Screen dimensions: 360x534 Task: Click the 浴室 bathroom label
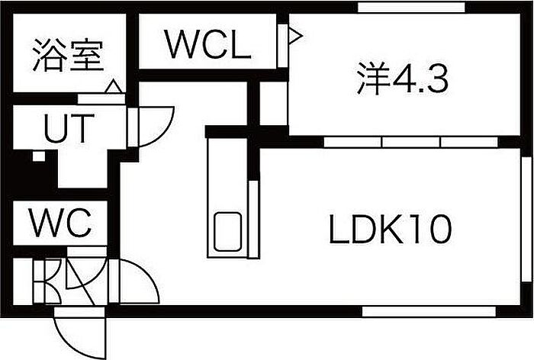coord(68,57)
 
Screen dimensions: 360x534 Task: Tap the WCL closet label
coord(207,47)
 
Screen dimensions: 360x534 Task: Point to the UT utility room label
coord(68,130)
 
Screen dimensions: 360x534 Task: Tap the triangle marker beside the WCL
coord(294,34)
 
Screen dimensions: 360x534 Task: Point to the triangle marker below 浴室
coord(113,87)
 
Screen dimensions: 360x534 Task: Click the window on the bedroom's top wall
coord(411,8)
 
